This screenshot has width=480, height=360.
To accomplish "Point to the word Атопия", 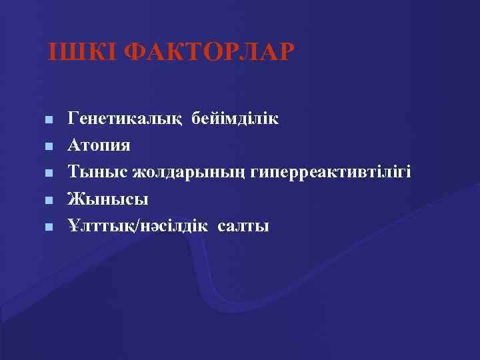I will [x=99, y=146].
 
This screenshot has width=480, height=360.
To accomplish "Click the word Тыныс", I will [x=97, y=173].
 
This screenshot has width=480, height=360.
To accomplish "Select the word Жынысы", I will [x=107, y=199].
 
